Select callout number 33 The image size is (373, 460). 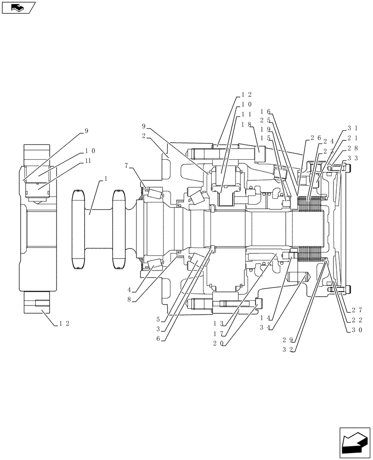[x=353, y=157]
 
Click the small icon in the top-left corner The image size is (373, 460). [x=18, y=8]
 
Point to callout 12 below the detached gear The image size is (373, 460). [x=64, y=323]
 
